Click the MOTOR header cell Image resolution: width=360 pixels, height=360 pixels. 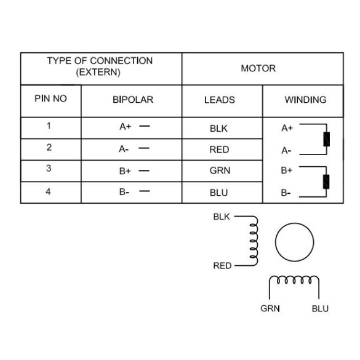258,68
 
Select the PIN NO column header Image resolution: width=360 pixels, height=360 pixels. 50,98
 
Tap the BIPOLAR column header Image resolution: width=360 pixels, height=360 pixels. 133,100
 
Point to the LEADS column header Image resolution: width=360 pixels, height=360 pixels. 220,100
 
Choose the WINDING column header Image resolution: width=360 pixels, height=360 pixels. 305,100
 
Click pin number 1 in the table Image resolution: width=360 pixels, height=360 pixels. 49,126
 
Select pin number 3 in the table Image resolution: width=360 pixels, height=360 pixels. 49,168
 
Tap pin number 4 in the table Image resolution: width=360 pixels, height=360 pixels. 48,191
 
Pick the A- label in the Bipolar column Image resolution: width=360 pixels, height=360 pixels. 124,150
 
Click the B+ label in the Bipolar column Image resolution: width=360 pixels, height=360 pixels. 125,171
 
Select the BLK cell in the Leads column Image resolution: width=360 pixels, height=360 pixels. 218,129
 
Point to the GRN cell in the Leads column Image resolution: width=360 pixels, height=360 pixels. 220,170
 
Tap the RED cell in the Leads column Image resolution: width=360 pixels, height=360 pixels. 219,150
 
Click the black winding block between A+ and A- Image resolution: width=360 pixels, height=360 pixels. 327,139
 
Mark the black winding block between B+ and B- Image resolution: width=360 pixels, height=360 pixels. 326,182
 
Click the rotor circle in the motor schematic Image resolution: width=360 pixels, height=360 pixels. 294,223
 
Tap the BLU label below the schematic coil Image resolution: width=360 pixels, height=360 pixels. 320,308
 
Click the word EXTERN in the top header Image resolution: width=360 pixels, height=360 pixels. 98,73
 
